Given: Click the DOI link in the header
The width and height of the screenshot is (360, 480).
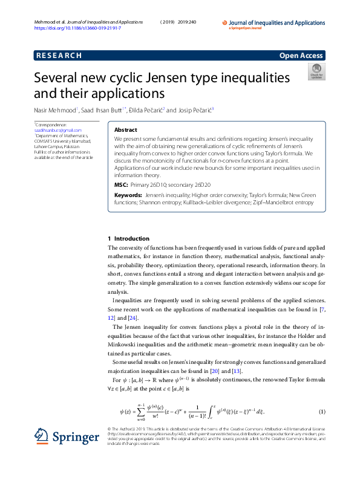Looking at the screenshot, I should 77,28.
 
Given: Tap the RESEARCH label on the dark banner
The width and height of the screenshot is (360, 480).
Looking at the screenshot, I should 59,56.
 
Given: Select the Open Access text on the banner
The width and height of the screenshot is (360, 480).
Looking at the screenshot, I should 301,56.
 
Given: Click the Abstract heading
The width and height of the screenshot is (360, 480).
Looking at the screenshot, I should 126,130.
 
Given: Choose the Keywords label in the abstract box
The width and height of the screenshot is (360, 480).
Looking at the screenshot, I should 128,196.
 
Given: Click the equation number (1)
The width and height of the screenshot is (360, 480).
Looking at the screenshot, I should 322,412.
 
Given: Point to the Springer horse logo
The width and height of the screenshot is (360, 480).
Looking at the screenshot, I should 41,437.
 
